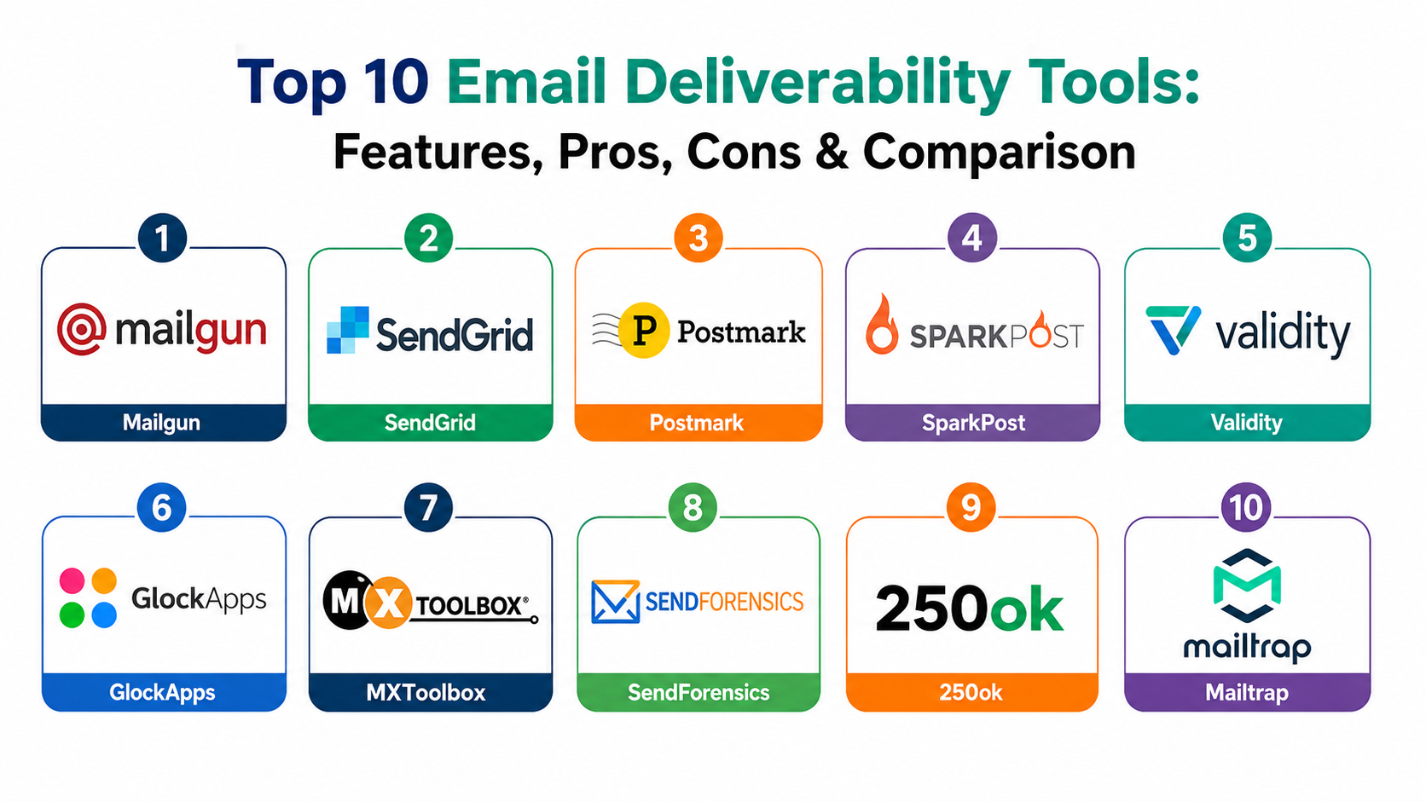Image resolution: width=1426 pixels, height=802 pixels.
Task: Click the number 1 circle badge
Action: tap(162, 239)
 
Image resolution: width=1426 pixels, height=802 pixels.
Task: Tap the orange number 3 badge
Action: tap(699, 239)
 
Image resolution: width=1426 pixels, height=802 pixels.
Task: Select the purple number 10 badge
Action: tap(1246, 507)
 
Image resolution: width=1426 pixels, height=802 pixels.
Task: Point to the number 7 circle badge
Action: tap(428, 507)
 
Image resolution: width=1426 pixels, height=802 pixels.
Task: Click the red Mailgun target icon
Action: tap(81, 330)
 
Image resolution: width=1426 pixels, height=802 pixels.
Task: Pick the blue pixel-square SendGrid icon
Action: tap(348, 330)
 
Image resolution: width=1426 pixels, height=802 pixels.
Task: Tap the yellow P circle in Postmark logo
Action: tap(644, 330)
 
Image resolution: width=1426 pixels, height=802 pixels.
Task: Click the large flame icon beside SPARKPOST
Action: tap(882, 325)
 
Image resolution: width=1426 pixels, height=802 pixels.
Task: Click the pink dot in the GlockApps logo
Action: tap(72, 580)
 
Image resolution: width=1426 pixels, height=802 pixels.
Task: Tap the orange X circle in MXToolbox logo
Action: tap(388, 603)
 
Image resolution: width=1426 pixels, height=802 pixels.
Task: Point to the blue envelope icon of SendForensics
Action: tap(615, 602)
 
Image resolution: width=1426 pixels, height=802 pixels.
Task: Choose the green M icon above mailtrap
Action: tap(1247, 586)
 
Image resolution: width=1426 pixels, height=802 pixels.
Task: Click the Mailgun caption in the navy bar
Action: tap(161, 422)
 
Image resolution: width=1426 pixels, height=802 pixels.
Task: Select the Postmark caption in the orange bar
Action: tap(697, 423)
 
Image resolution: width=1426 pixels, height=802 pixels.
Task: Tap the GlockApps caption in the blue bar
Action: tap(162, 692)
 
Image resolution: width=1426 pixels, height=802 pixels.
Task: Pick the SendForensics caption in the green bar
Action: tap(699, 692)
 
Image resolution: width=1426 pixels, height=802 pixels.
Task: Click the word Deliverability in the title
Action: tap(817, 83)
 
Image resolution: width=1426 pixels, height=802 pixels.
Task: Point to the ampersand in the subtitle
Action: tap(832, 152)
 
